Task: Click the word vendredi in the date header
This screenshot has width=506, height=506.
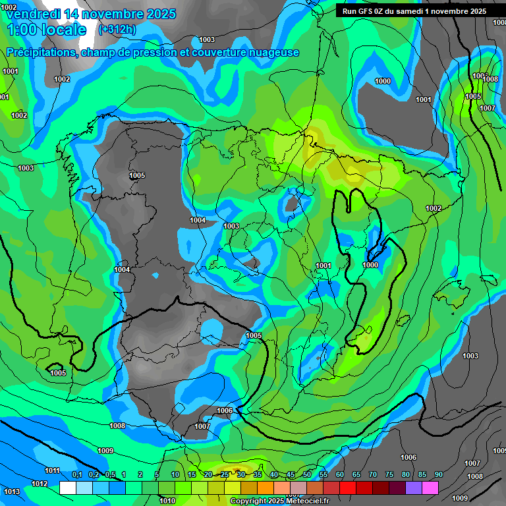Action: (32, 14)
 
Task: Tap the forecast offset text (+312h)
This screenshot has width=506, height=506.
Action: (117, 29)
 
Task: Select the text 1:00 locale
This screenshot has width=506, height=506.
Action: (47, 30)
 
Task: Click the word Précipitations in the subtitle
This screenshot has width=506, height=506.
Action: (40, 53)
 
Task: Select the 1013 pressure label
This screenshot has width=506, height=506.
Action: (11, 492)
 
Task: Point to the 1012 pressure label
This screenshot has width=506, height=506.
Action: (40, 484)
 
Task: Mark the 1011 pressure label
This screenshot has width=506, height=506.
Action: (52, 470)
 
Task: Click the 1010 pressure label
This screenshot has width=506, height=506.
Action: (167, 501)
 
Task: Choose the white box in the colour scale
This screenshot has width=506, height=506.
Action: (67, 488)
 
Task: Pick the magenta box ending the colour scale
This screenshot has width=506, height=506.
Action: (430, 488)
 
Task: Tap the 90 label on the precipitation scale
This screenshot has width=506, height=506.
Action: (439, 475)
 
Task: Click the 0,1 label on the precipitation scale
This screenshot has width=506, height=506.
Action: (76, 475)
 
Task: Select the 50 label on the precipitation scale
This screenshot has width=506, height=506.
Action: (307, 475)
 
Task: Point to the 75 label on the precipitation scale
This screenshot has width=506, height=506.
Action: (389, 475)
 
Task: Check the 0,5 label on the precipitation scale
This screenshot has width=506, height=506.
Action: (110, 475)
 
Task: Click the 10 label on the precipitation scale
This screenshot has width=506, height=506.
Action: (175, 475)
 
